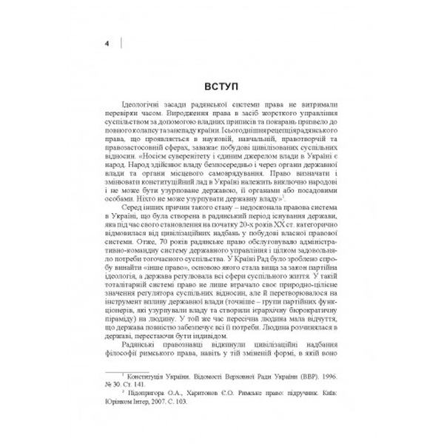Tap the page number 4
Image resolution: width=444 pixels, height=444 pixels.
(108, 44)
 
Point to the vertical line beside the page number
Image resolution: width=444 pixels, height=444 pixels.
(121, 42)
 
